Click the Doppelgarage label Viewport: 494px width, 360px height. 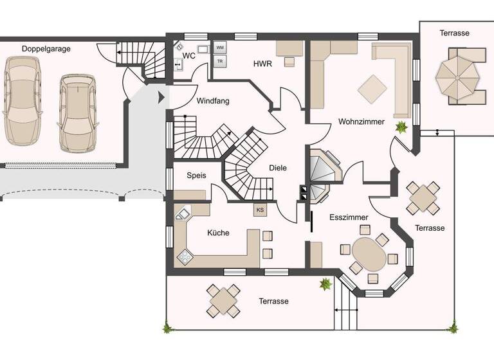(x=46, y=48)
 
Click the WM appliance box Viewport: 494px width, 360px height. (x=220, y=48)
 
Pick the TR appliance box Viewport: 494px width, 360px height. (x=220, y=62)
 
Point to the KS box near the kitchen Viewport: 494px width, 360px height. (x=260, y=210)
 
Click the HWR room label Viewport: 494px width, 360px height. (x=262, y=63)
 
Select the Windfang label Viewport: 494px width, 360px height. (x=213, y=101)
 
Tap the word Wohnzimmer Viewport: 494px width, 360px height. (x=361, y=122)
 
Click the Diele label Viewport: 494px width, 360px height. (x=278, y=168)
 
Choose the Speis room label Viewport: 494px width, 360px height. (x=196, y=175)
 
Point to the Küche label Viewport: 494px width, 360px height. (x=218, y=233)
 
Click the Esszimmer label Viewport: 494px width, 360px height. (x=349, y=217)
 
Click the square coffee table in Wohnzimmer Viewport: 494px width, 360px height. (x=373, y=88)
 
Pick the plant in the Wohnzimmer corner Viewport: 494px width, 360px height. (x=402, y=127)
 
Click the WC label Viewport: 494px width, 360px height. (x=189, y=56)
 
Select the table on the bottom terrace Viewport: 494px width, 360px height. (x=223, y=300)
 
